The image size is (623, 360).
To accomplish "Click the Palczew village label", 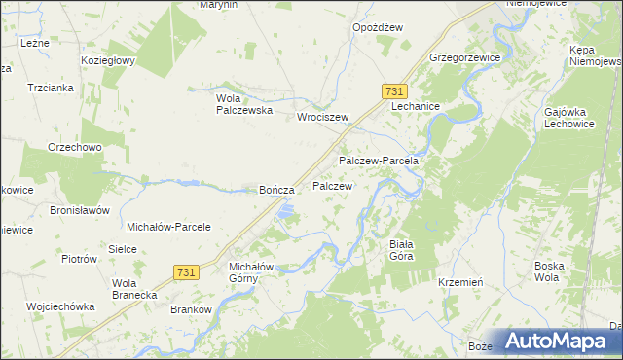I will pos(332,185).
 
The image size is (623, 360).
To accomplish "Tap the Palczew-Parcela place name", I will pos(378,160).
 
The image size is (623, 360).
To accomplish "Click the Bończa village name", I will pos(275,191).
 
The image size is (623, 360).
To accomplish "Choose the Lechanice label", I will pos(417,106).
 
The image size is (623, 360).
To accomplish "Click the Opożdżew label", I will pos(377,28).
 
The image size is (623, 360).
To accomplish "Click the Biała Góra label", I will pos(400,250).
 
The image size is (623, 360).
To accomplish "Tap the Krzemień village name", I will pos(461,281).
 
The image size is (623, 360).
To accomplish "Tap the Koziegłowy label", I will pos(108,59).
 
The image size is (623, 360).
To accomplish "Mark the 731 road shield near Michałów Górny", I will pos(188,273).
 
